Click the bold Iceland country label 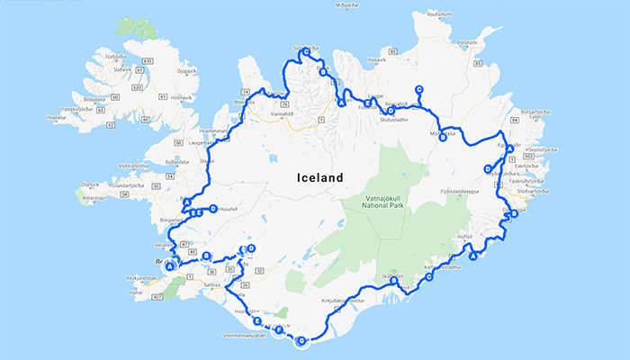click(320, 178)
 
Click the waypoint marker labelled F click(280, 331)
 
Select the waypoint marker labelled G click(301, 340)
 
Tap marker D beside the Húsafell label click(212, 209)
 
